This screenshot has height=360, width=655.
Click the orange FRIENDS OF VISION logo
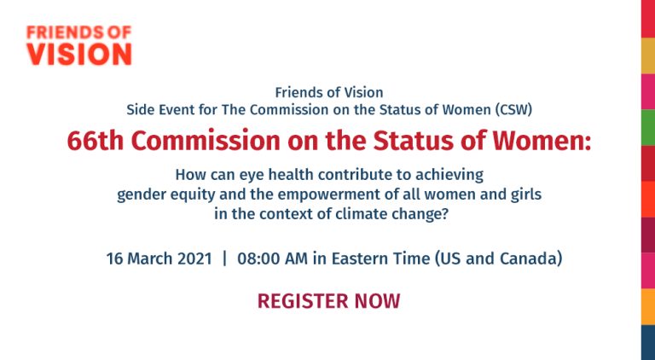[x=79, y=45]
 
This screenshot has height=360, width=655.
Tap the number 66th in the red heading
[x=96, y=141]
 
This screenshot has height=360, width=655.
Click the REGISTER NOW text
[x=328, y=300]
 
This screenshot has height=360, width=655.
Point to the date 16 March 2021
[x=159, y=258]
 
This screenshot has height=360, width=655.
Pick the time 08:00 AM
[x=272, y=258]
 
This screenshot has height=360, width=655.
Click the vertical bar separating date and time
[x=225, y=258]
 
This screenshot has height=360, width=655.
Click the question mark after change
[x=445, y=214]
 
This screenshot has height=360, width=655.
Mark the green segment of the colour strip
[x=648, y=127]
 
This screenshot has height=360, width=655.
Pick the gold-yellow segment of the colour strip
[x=648, y=55]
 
